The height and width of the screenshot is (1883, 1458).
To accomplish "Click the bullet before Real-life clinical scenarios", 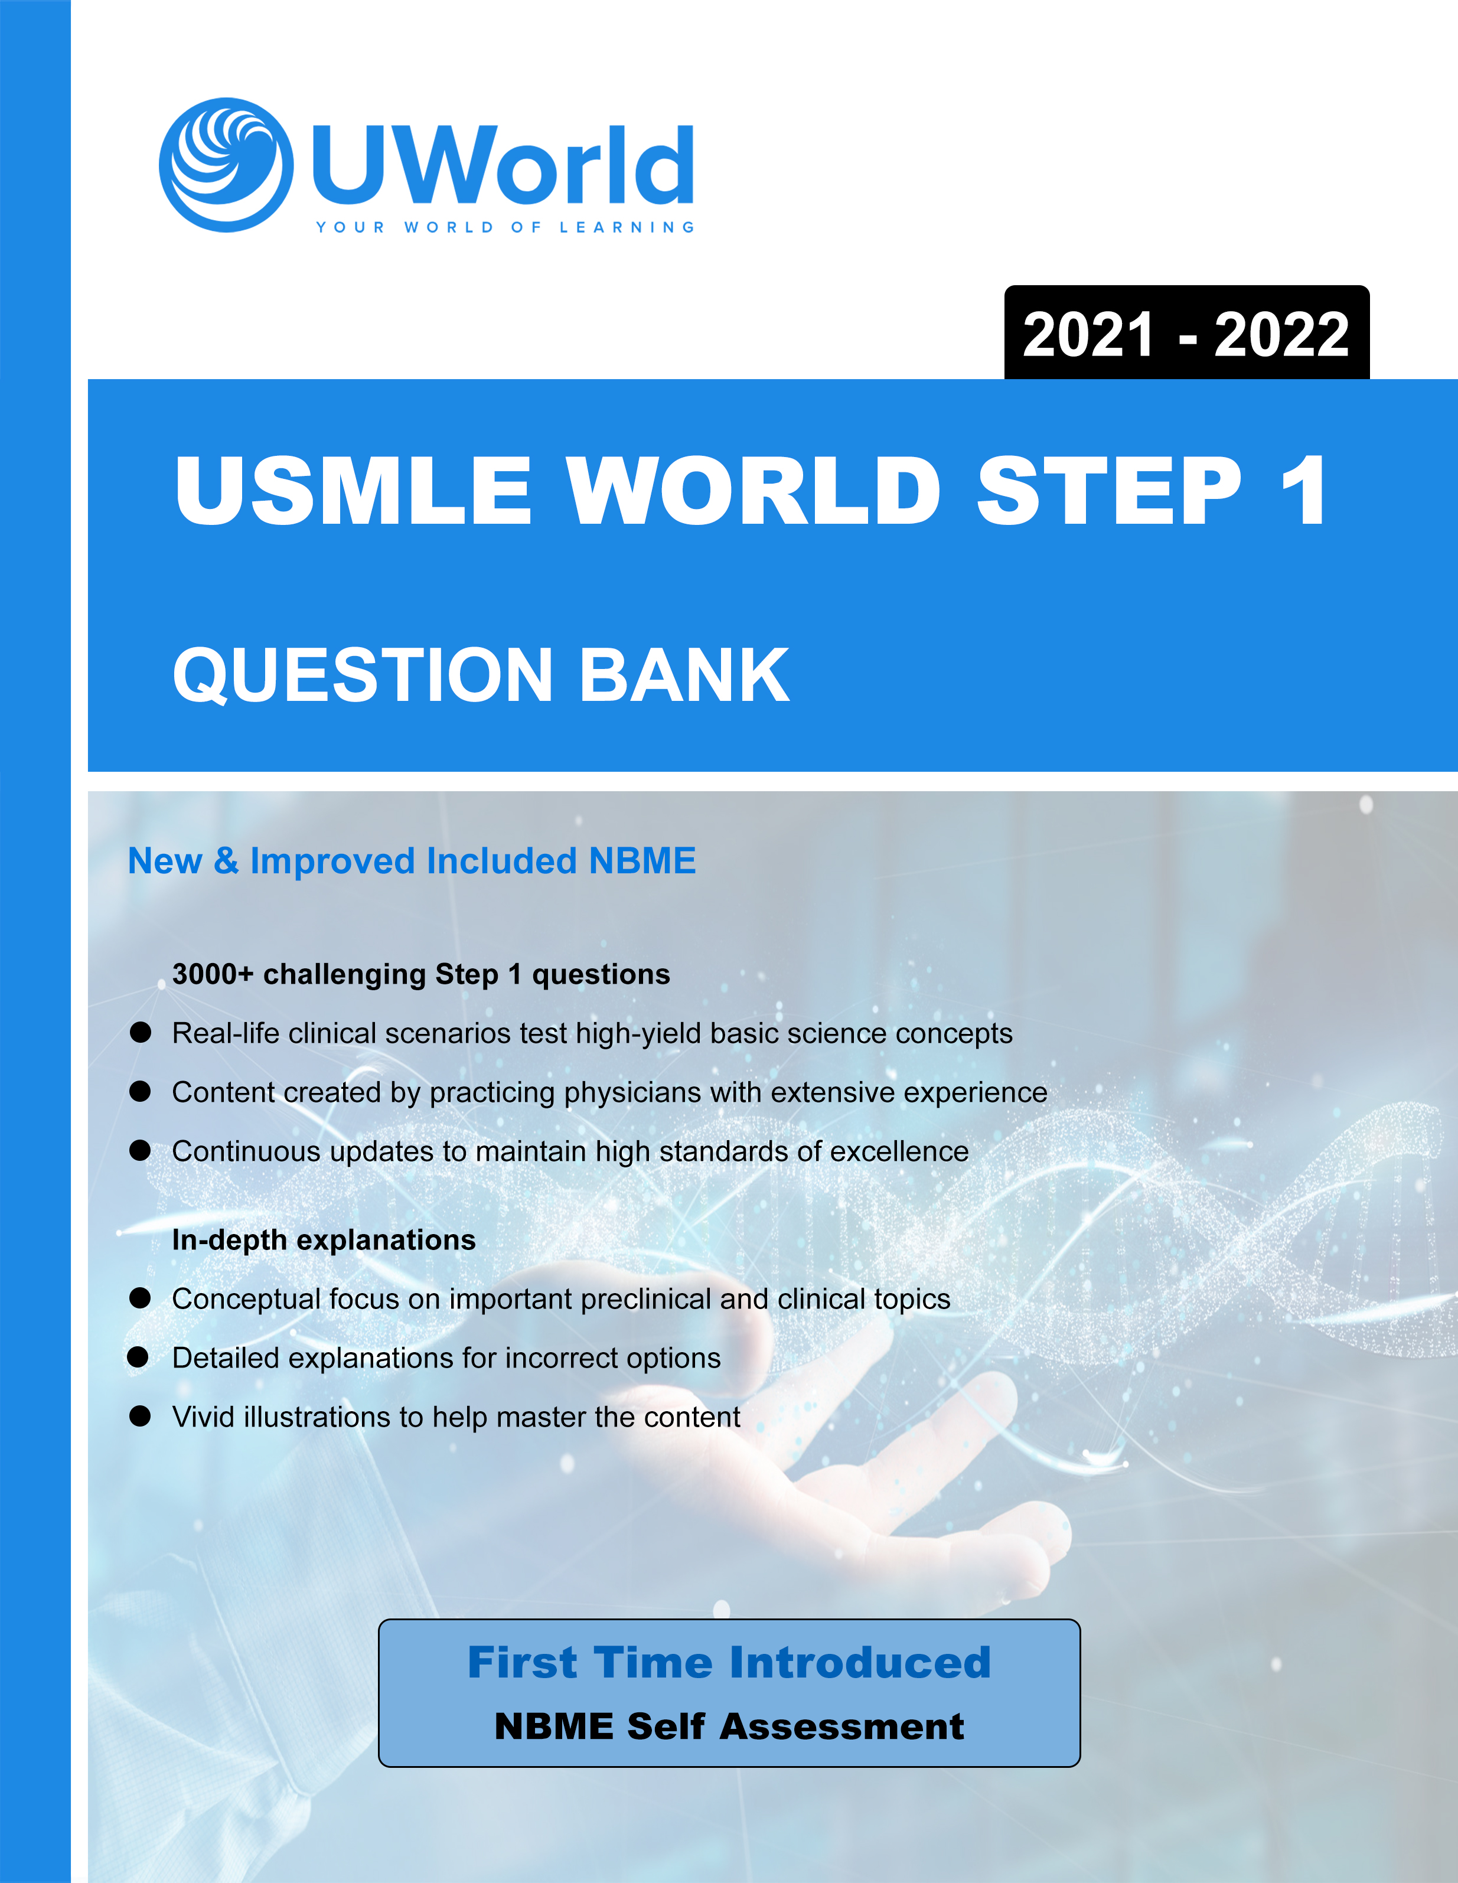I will point(141,1033).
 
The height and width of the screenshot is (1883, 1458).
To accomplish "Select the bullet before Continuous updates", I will point(141,1151).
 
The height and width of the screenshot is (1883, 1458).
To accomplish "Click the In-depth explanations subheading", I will point(324,1240).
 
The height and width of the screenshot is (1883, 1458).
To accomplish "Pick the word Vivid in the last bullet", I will point(203,1417).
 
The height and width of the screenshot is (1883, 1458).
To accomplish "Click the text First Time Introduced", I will point(729,1662).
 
